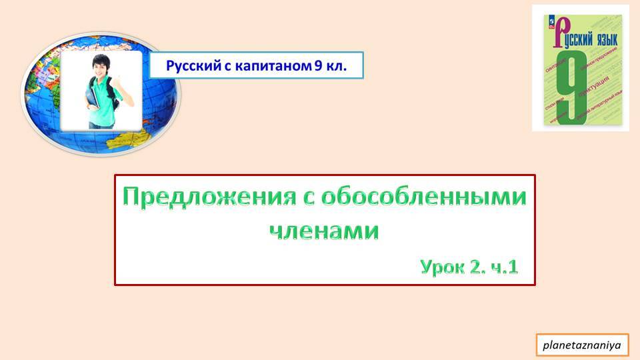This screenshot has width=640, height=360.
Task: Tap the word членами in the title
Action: click(325, 231)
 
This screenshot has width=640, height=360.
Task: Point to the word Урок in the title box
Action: click(442, 267)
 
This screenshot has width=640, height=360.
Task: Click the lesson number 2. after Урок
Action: click(478, 267)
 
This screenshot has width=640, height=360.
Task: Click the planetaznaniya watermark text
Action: click(582, 345)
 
